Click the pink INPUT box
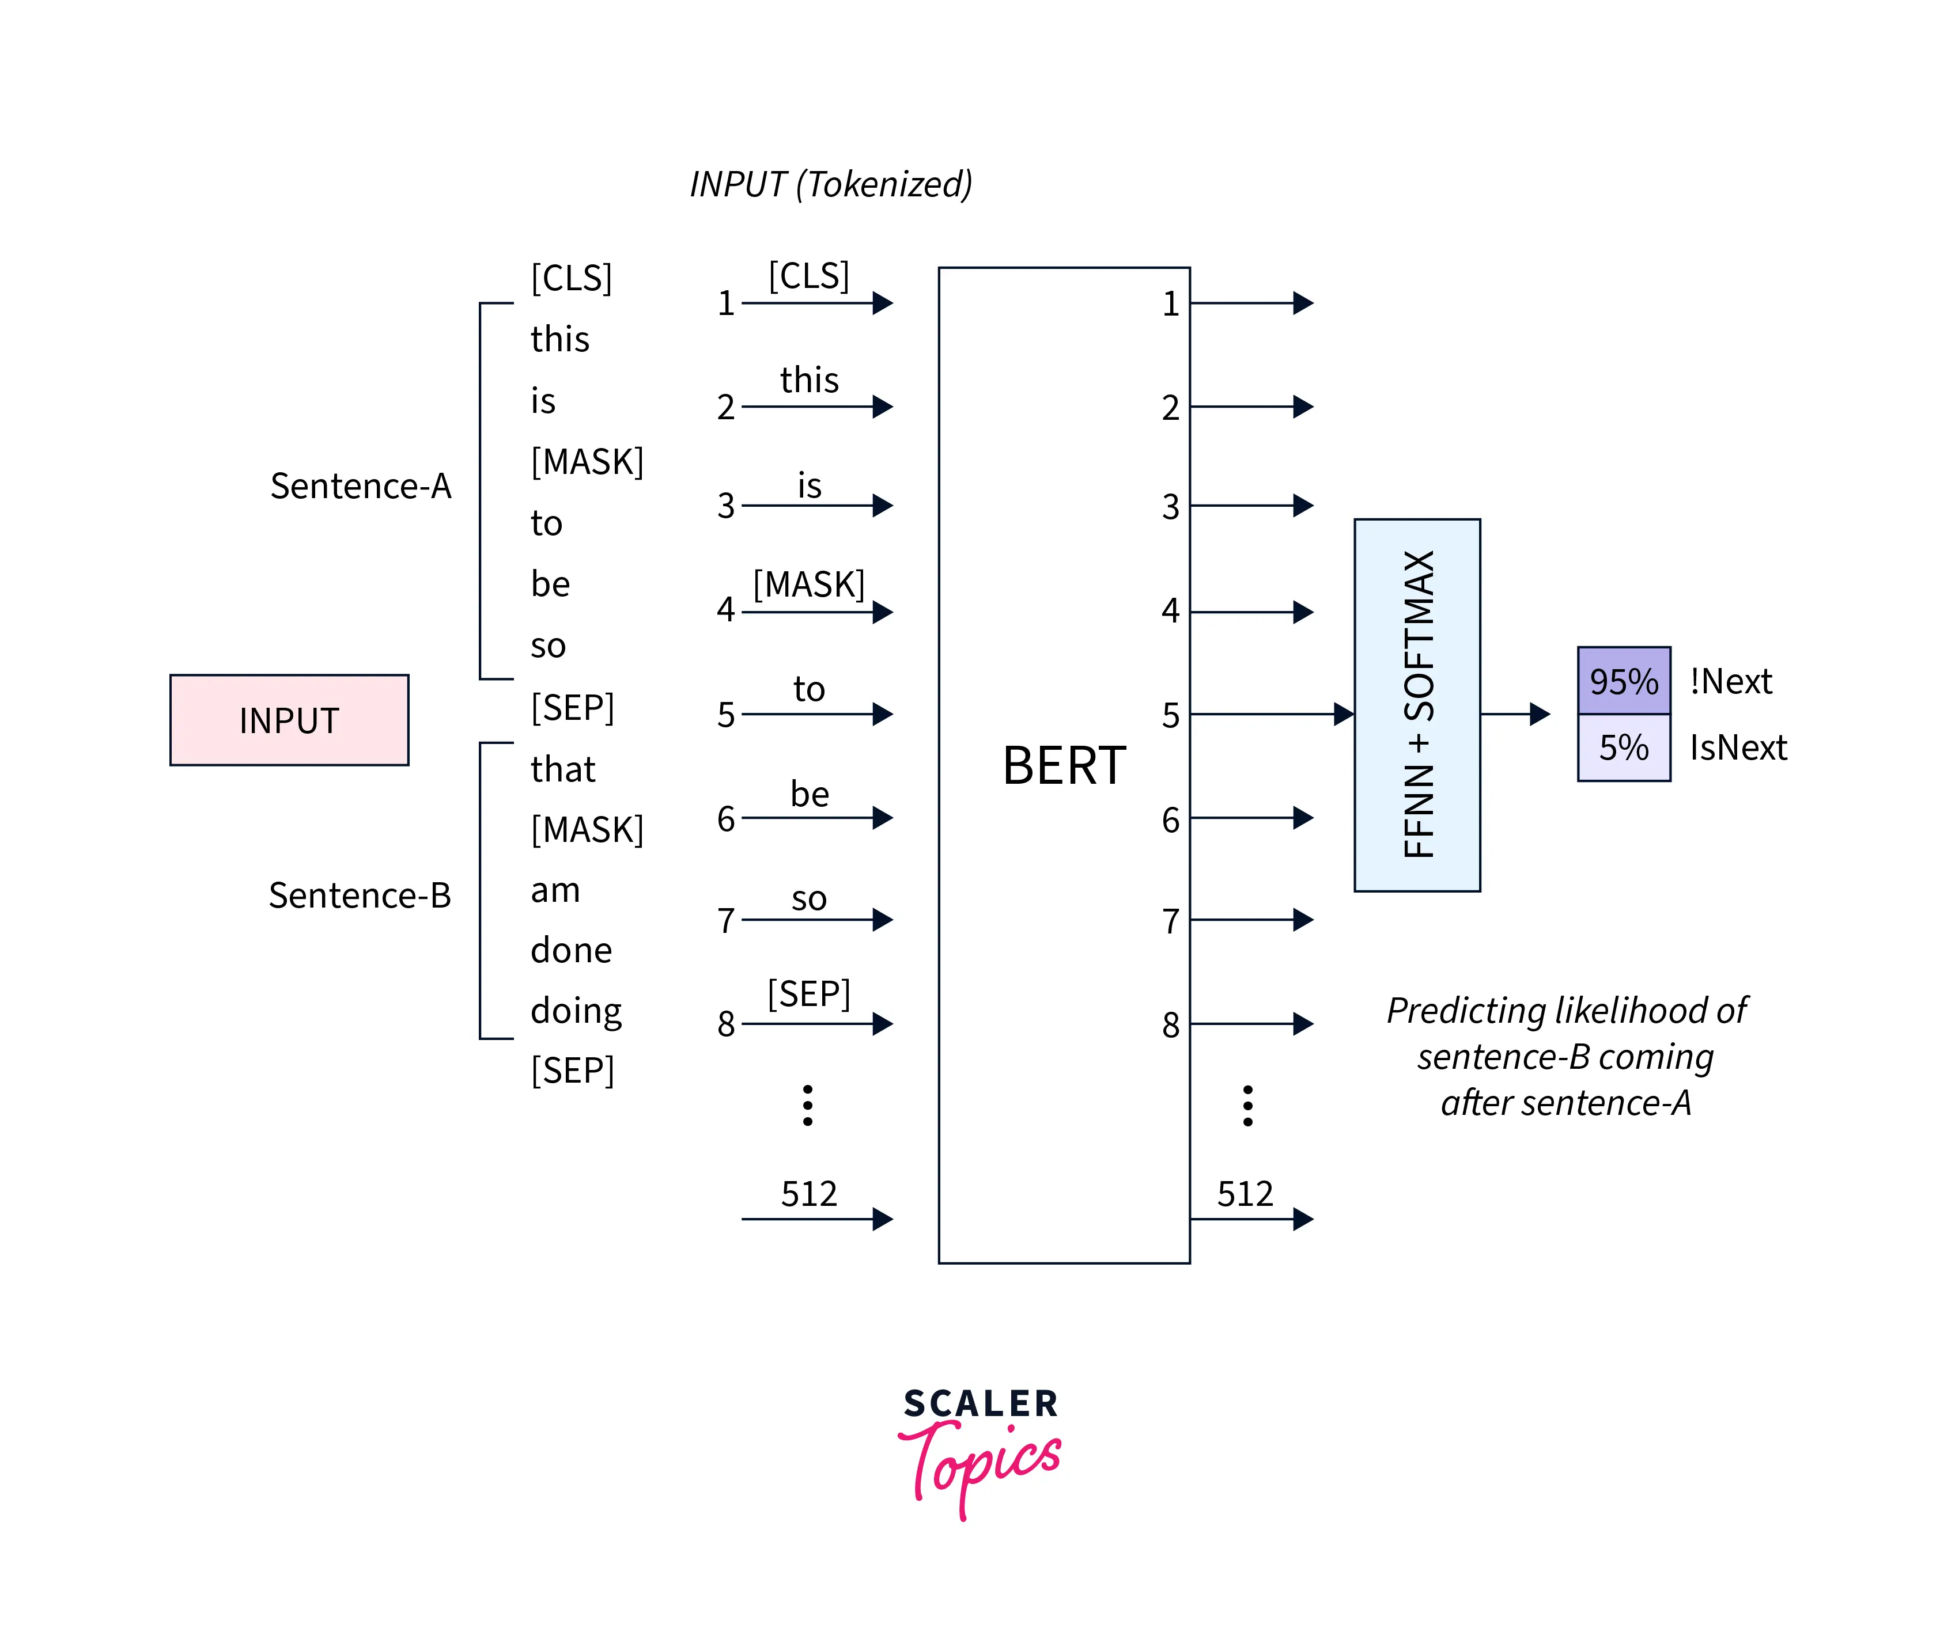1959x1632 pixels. click(289, 720)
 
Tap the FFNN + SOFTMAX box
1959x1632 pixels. click(1417, 705)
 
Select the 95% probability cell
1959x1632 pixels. click(1623, 681)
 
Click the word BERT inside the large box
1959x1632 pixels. click(1064, 766)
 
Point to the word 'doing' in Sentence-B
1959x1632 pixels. click(576, 1011)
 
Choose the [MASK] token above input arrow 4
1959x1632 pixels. click(809, 585)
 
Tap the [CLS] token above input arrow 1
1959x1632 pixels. click(809, 276)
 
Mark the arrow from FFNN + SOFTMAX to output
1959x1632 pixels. click(1515, 714)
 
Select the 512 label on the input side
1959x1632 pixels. click(809, 1194)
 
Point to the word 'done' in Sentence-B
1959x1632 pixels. click(571, 950)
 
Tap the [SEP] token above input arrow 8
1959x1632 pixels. click(809, 994)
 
